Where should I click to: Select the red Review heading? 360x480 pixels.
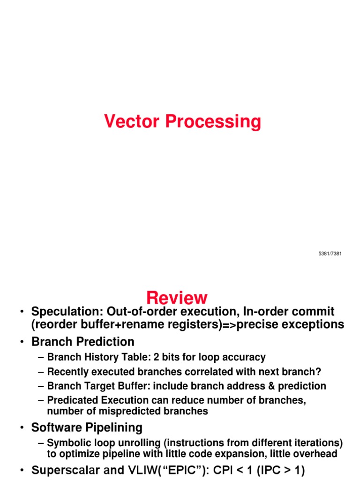coord(176,297)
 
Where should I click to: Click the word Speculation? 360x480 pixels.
coord(65,311)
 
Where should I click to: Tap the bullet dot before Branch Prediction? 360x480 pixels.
coord(22,342)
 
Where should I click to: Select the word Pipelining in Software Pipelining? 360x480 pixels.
coord(112,427)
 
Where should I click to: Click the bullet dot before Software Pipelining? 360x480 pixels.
coord(22,428)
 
